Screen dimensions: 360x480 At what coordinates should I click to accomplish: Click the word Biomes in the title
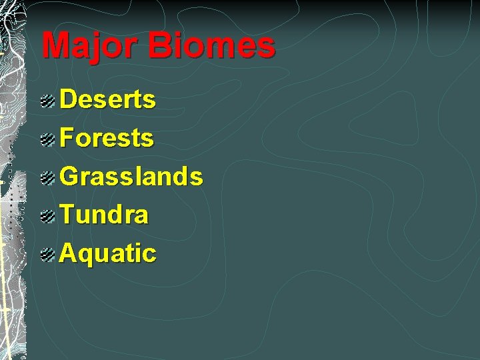tap(212, 45)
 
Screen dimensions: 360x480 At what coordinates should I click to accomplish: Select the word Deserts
tap(108, 100)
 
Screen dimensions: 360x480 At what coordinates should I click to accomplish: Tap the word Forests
tap(107, 139)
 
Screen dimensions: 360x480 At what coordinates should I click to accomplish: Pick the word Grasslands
tap(131, 177)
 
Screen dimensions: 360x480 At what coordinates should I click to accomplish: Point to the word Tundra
tap(105, 215)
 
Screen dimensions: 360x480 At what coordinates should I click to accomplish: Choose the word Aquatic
tap(108, 253)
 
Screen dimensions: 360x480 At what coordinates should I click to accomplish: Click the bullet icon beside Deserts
tap(47, 101)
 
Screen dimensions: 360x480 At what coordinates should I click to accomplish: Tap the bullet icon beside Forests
tap(47, 139)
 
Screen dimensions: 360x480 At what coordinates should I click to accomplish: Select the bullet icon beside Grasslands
tap(47, 177)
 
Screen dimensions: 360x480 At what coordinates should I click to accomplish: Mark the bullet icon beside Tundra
tap(47, 215)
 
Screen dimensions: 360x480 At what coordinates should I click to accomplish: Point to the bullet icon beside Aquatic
tap(47, 254)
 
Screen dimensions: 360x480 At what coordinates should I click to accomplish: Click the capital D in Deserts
tap(69, 100)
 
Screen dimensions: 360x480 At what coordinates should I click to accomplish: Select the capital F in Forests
tap(68, 139)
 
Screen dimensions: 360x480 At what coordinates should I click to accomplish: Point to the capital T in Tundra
tap(68, 215)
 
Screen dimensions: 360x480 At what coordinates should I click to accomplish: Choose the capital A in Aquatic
tap(69, 253)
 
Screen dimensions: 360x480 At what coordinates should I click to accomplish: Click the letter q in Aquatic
tap(87, 256)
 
